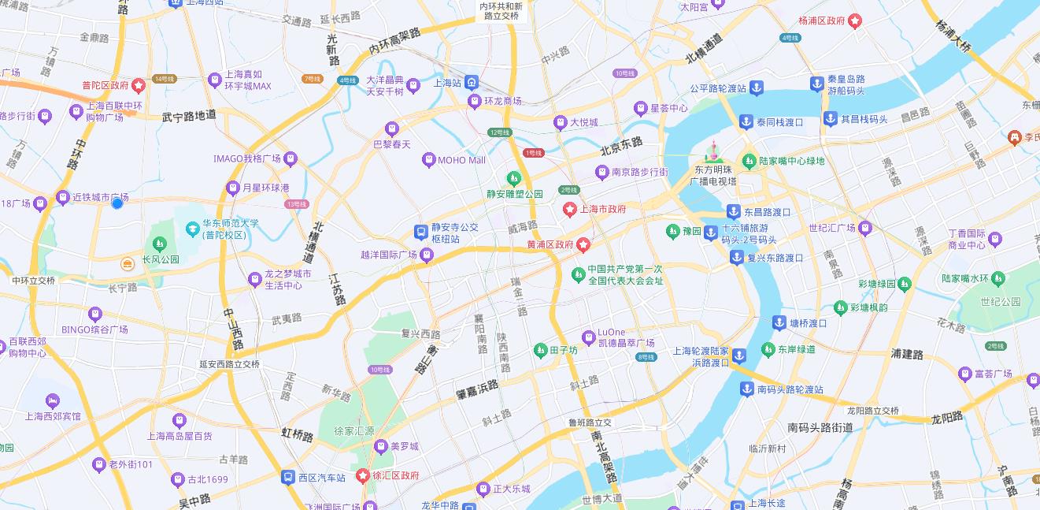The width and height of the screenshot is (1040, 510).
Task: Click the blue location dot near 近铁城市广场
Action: pyautogui.click(x=117, y=203)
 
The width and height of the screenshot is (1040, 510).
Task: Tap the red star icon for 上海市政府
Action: pyautogui.click(x=569, y=210)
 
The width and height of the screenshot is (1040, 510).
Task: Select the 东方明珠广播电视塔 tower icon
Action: pyautogui.click(x=714, y=152)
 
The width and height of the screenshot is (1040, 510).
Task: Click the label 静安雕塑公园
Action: pyautogui.click(x=514, y=193)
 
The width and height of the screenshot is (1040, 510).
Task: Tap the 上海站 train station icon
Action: pyautogui.click(x=472, y=82)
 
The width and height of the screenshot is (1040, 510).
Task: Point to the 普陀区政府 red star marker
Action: pyautogui.click(x=139, y=85)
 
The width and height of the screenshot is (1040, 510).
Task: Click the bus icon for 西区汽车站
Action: pyautogui.click(x=288, y=477)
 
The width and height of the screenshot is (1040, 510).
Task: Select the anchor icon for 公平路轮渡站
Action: pyautogui.click(x=756, y=88)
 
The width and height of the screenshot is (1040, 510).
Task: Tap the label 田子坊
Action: pyautogui.click(x=564, y=350)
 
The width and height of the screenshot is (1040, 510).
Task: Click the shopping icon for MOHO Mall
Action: pyautogui.click(x=428, y=160)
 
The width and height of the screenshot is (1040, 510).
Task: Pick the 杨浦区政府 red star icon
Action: pyautogui.click(x=855, y=20)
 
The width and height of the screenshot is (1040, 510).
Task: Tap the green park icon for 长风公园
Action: pyautogui.click(x=160, y=244)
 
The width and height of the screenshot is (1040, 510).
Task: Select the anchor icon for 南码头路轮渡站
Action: pyautogui.click(x=746, y=389)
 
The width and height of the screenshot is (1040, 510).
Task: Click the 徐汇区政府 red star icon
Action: pyautogui.click(x=363, y=475)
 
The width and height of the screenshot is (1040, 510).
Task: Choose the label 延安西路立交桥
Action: pyautogui.click(x=229, y=364)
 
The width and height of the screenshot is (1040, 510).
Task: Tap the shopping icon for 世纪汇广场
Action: pyautogui.click(x=865, y=229)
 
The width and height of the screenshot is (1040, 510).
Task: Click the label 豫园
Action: pyautogui.click(x=691, y=232)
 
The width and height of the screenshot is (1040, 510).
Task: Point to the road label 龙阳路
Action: pyautogui.click(x=947, y=418)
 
